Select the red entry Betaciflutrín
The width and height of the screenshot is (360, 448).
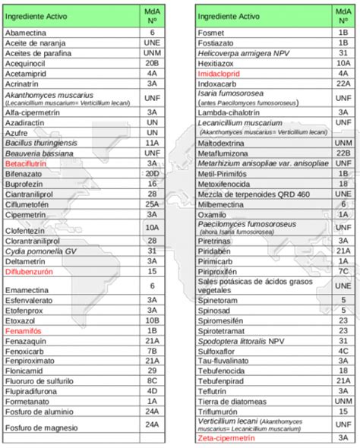(x=27, y=163)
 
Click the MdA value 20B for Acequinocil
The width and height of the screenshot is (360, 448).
(x=152, y=64)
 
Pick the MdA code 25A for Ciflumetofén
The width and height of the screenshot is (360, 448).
(x=152, y=204)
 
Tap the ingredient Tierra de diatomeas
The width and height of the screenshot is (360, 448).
(x=229, y=400)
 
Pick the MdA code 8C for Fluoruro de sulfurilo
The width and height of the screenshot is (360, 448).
(x=152, y=380)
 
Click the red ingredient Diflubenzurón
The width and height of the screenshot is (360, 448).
(x=28, y=270)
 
